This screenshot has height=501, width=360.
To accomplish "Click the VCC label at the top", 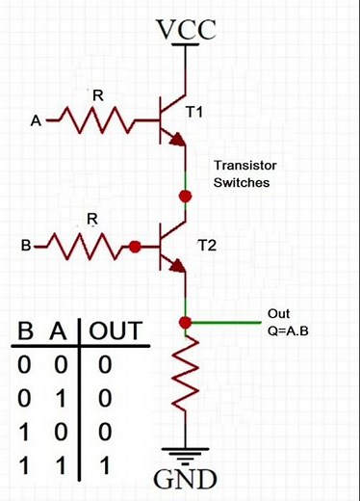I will pyautogui.click(x=185, y=31).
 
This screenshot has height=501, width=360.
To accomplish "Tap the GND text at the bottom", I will pyautogui.click(x=186, y=479).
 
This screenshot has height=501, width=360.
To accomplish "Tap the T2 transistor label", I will pyautogui.click(x=206, y=246).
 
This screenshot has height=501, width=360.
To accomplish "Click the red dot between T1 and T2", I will pyautogui.click(x=186, y=196).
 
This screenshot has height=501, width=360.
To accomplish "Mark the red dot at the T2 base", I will pyautogui.click(x=136, y=248).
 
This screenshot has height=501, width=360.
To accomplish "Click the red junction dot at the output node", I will pyautogui.click(x=186, y=321).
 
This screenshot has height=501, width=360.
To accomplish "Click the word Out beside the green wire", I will pyautogui.click(x=278, y=314).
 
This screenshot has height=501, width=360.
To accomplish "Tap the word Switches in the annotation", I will pyautogui.click(x=241, y=181).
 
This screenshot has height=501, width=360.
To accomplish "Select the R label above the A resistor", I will pyautogui.click(x=97, y=94).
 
